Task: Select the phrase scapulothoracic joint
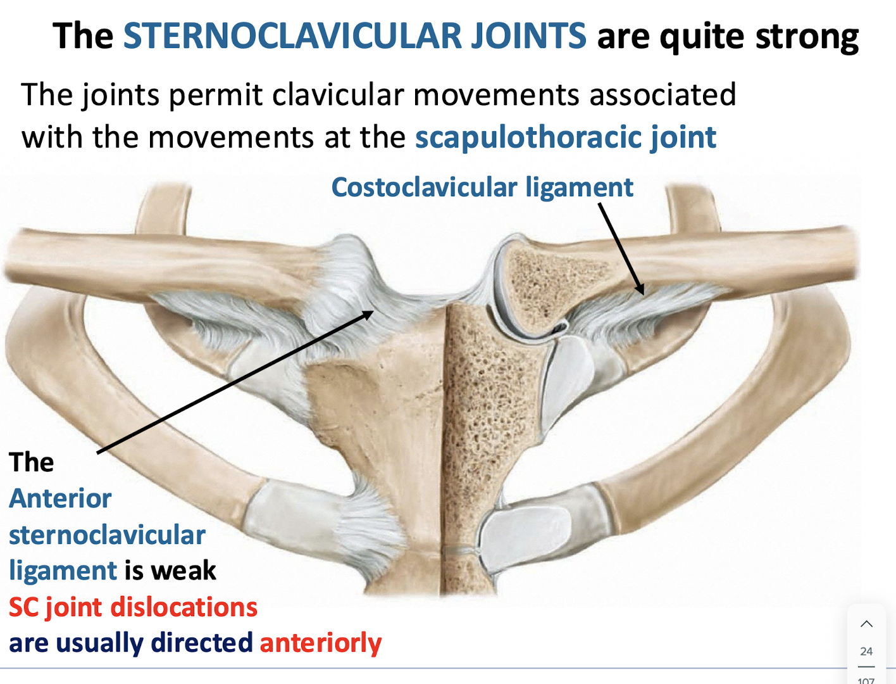(565, 137)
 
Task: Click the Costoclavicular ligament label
(482, 187)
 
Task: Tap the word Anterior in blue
(60, 498)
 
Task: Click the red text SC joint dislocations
(133, 607)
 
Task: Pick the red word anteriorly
(321, 643)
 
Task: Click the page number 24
(866, 651)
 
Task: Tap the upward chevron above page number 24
(866, 624)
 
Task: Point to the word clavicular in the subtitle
(338, 96)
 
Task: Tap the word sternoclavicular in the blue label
(107, 535)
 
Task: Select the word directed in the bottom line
(202, 643)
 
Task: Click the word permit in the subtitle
(215, 96)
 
